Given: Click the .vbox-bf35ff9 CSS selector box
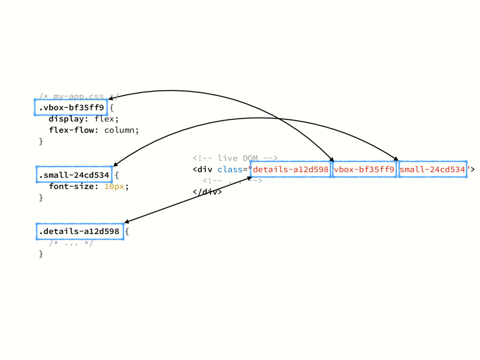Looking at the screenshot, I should coord(71,108).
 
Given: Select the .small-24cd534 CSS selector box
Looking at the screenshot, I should coord(74,175).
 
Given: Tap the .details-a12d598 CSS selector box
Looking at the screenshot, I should coord(79,231).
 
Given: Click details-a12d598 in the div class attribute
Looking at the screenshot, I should coord(291,169).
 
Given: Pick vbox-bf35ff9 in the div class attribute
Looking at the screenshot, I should coord(364,169).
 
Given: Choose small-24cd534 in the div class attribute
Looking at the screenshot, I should coord(433,169).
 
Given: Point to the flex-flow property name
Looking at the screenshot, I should coord(73,130).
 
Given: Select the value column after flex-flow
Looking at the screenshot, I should coord(121,130).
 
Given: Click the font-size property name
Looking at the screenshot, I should coord(73,187).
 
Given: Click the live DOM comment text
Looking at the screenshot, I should coord(235,158).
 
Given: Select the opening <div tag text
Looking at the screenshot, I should coord(202,169).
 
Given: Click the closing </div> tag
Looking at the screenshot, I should coord(207,192).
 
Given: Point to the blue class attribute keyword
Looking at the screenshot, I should coord(230,169).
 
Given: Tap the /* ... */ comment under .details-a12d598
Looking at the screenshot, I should coord(71,242).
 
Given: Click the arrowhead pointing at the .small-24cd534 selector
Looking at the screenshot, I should coord(115,164).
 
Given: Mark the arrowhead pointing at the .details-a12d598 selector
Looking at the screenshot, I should coord(126,222).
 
